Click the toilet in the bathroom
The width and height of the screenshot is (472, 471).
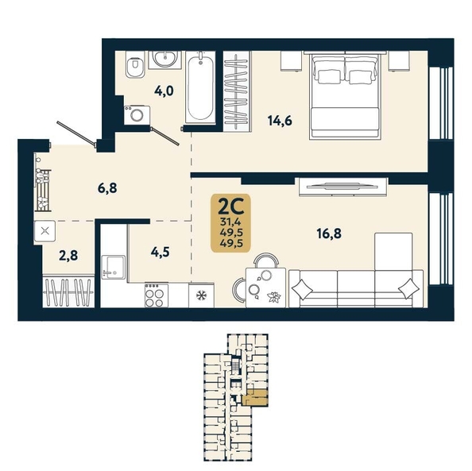pyautogui.click(x=135, y=64)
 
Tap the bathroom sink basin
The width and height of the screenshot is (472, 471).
pyautogui.click(x=164, y=59)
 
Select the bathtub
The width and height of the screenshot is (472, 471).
pyautogui.click(x=200, y=87)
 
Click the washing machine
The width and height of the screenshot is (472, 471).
pyautogui.click(x=137, y=114)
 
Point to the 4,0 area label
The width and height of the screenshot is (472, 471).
pyautogui.click(x=164, y=91)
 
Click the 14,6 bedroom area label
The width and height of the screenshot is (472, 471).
pyautogui.click(x=280, y=121)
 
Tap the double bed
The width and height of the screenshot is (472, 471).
pyautogui.click(x=346, y=95)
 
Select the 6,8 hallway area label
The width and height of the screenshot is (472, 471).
pyautogui.click(x=107, y=188)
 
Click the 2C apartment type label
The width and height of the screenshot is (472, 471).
pyautogui.click(x=230, y=207)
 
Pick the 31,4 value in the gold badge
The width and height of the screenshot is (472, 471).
pyautogui.click(x=230, y=222)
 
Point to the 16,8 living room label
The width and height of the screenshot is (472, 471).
pyautogui.click(x=329, y=234)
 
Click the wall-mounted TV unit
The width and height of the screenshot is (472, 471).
pyautogui.click(x=342, y=187)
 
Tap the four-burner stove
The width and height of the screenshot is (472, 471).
pyautogui.click(x=157, y=295)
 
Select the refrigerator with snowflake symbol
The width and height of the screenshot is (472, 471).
pyautogui.click(x=201, y=295)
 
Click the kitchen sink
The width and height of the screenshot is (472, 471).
pyautogui.click(x=114, y=267)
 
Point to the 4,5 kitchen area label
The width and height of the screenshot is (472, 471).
pyautogui.click(x=161, y=253)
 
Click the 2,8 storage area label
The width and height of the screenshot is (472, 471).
pyautogui.click(x=68, y=256)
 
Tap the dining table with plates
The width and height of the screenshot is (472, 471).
pyautogui.click(x=266, y=288)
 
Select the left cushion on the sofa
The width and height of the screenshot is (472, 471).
pyautogui.click(x=302, y=290)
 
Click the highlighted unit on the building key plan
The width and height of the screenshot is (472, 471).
pyautogui.click(x=254, y=398)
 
